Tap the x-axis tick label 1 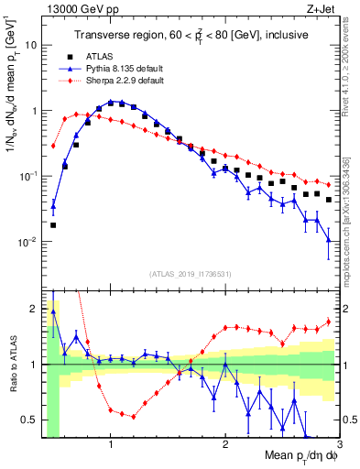click(111, 444)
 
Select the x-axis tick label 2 click(225, 444)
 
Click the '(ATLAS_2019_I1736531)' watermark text click(190, 274)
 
